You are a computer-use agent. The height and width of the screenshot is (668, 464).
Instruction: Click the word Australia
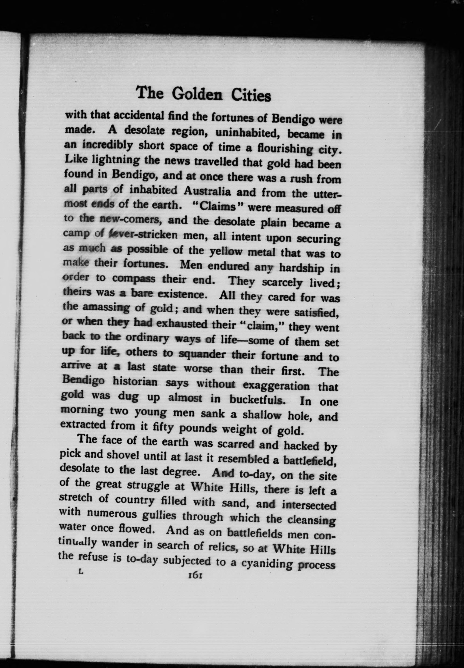(x=207, y=191)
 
